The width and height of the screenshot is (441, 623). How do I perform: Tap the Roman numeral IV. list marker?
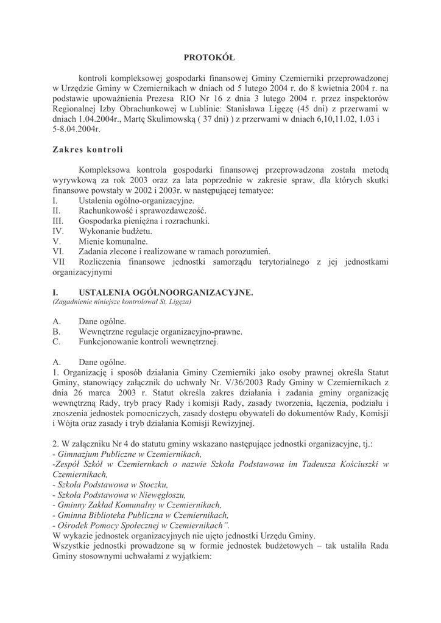(58, 231)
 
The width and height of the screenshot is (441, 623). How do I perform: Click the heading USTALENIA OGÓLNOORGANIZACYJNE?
(166, 292)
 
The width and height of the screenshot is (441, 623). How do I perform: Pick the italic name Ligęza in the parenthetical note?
(177, 302)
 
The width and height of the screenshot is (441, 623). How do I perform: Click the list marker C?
(57, 341)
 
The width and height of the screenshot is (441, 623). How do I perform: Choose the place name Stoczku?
(152, 485)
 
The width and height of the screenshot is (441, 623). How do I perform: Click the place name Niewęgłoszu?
(161, 495)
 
